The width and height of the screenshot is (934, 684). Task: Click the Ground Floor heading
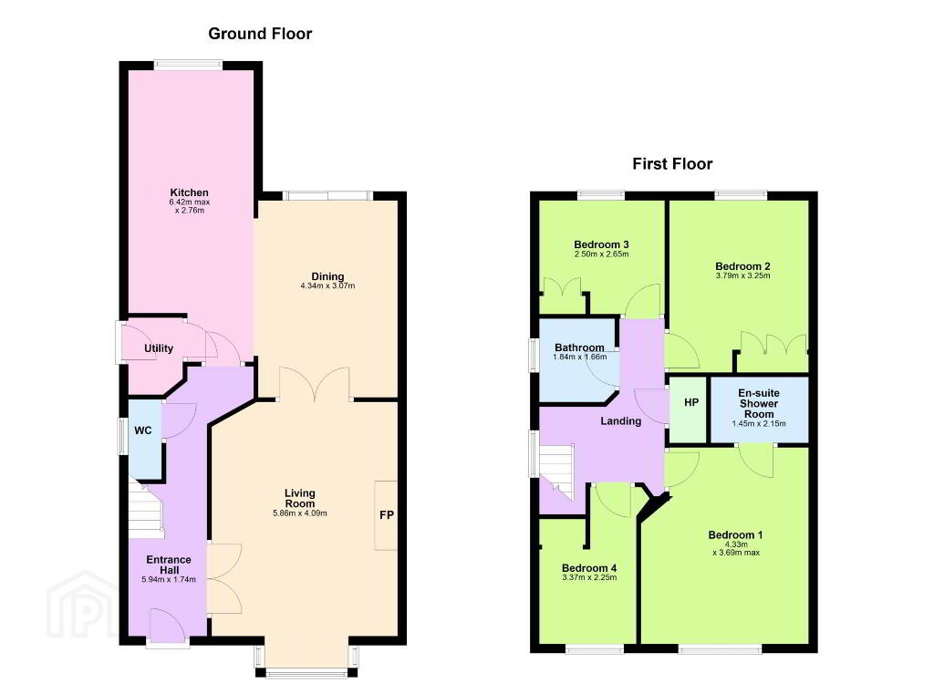260,34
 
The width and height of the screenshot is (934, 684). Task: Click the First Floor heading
672,164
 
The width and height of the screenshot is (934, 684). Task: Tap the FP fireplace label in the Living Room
387,514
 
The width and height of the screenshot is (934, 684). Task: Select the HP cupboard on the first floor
691,403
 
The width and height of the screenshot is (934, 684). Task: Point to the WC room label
143,430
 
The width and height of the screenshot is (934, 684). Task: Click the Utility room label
159,348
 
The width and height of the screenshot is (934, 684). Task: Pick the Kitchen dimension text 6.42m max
190,202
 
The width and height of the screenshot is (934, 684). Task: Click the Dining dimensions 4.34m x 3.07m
327,286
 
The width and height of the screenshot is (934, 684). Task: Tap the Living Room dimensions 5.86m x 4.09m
299,513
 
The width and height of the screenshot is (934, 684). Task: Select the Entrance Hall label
169,565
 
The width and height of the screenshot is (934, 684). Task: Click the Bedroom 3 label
601,244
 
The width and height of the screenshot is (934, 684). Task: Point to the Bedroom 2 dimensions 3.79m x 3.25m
742,275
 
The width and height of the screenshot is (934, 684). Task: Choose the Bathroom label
579,347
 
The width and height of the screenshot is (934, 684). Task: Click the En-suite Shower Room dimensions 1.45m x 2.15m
759,424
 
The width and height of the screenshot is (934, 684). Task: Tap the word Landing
620,420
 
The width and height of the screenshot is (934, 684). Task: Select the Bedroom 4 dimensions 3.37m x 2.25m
589,577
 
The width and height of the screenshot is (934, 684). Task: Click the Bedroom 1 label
735,535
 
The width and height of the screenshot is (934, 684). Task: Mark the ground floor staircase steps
147,510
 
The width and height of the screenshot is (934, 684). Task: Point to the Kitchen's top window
188,65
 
